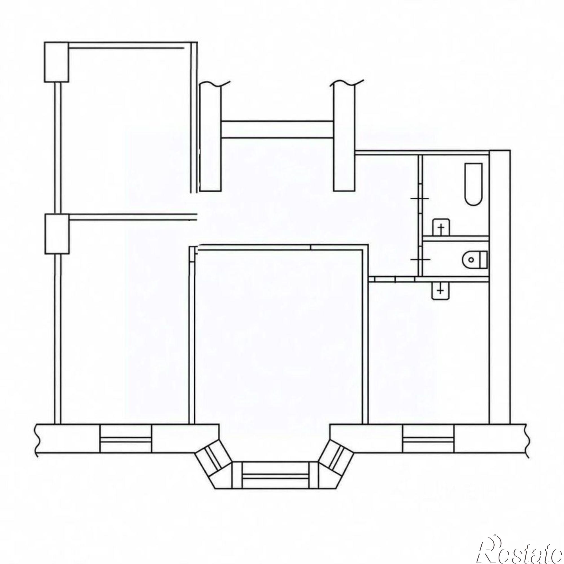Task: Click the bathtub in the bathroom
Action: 473,184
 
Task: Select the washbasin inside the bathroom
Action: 441,227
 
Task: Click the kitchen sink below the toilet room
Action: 441,291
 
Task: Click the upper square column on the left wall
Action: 56,62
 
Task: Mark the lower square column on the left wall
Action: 57,234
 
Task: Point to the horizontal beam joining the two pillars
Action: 277,129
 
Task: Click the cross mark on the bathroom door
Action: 420,199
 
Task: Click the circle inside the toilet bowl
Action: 470,259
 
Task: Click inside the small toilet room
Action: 455,259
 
